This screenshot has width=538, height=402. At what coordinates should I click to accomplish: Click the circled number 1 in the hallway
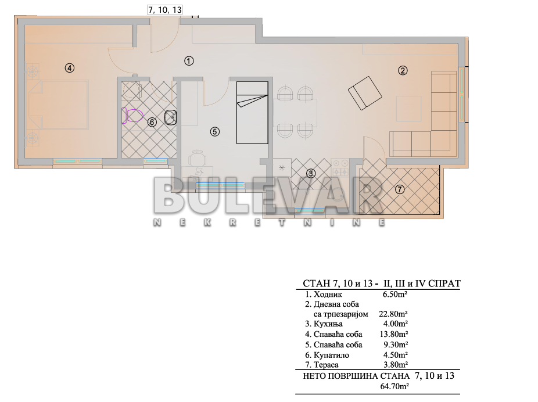(x=189, y=60)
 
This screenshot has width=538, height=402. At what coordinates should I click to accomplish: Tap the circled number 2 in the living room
(x=403, y=71)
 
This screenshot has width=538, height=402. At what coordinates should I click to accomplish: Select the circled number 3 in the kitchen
(x=311, y=173)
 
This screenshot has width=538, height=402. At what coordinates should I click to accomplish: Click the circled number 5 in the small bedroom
(x=214, y=131)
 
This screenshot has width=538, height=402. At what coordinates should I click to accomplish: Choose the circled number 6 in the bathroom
(x=152, y=122)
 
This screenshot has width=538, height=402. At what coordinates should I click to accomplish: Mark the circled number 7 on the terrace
(x=399, y=189)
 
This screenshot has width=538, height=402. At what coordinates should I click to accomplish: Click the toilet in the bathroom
(x=134, y=116)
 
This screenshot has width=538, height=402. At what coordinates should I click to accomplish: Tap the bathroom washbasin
(x=171, y=117)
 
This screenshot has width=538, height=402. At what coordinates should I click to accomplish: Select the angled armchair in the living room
(x=365, y=92)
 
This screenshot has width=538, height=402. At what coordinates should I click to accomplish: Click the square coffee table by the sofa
(x=409, y=108)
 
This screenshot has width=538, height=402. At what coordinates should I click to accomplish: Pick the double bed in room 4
(x=58, y=105)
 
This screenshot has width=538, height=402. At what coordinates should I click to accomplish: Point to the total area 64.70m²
(x=394, y=385)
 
